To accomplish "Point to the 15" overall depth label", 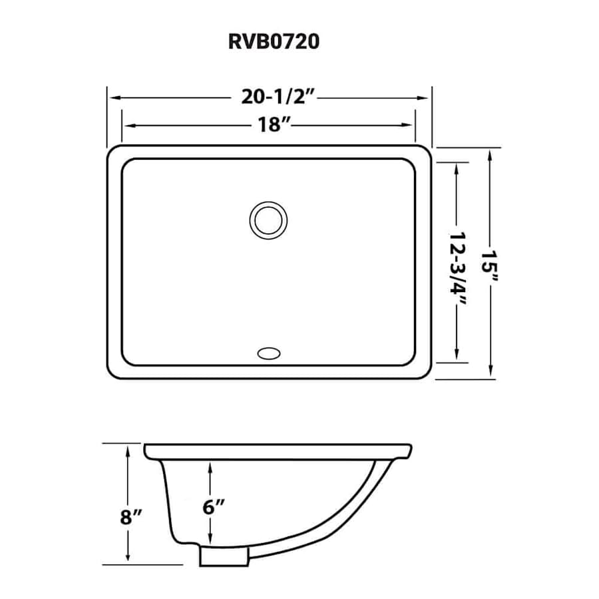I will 491,264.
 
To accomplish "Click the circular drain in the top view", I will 268,218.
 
